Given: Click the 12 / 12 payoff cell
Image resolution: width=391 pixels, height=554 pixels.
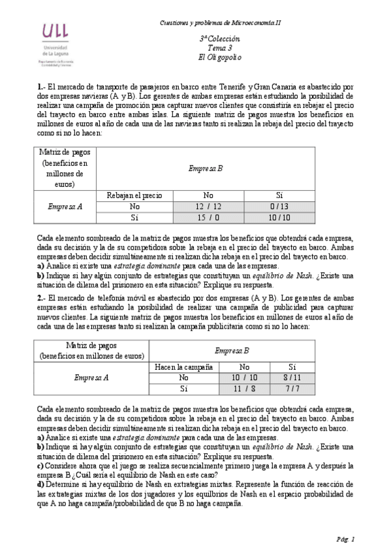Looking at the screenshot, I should tap(208, 206).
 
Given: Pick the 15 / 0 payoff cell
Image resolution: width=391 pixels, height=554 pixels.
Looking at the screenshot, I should tap(208, 217).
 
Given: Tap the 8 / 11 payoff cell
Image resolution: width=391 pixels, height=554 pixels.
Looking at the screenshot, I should tap(292, 378).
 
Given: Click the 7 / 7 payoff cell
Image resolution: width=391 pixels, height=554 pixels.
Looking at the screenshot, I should tap(292, 389).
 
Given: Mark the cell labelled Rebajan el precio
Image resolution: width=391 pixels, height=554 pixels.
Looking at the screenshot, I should tap(134, 195).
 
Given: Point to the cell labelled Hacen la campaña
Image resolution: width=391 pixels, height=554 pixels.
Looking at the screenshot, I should tap(180, 367).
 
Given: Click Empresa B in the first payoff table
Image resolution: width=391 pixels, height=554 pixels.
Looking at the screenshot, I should tap(206, 169).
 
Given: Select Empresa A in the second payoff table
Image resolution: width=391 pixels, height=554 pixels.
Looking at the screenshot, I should tap(91, 378).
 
